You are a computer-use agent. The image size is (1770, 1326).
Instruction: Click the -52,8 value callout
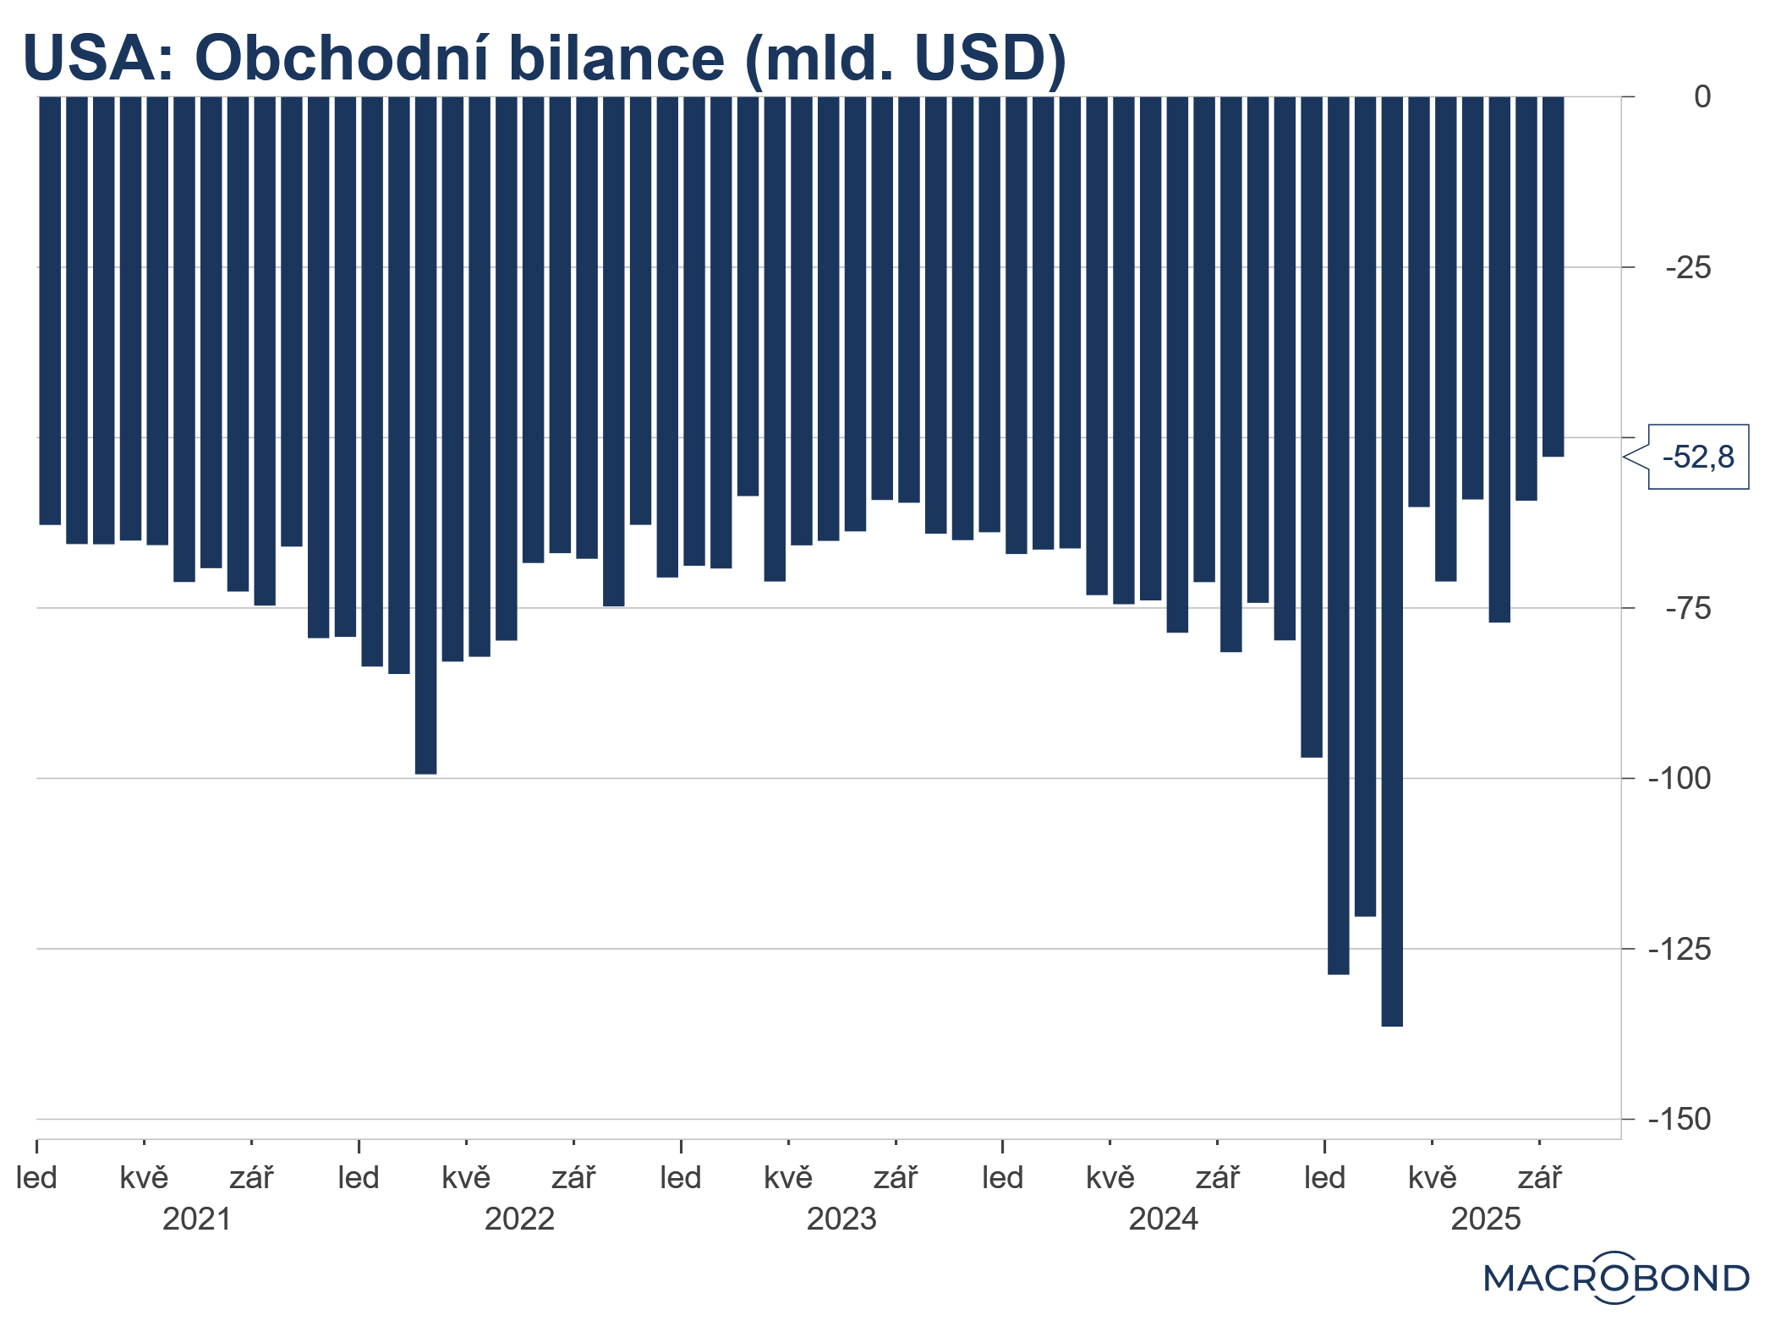click(x=1697, y=457)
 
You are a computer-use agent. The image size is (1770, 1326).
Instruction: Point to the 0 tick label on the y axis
click(x=1702, y=97)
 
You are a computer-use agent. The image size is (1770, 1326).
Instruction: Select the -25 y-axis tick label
click(x=1688, y=268)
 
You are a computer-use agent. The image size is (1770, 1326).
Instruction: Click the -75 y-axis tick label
click(x=1688, y=609)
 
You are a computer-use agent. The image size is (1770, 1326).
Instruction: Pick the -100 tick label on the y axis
click(x=1680, y=779)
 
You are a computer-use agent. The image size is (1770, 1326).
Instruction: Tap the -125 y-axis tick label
click(x=1680, y=950)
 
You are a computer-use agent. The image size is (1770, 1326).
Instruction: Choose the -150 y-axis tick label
click(x=1680, y=1120)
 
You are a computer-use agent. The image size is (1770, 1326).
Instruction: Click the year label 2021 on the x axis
click(x=196, y=1219)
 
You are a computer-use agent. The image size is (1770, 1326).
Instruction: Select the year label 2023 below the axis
click(x=841, y=1219)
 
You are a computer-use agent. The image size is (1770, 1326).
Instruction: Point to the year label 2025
click(x=1486, y=1219)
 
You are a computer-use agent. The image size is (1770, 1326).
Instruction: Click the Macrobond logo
click(x=1616, y=1278)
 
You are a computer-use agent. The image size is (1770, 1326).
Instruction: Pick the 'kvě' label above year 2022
click(x=466, y=1177)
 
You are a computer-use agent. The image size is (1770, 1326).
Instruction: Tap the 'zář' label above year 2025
click(x=1539, y=1177)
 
